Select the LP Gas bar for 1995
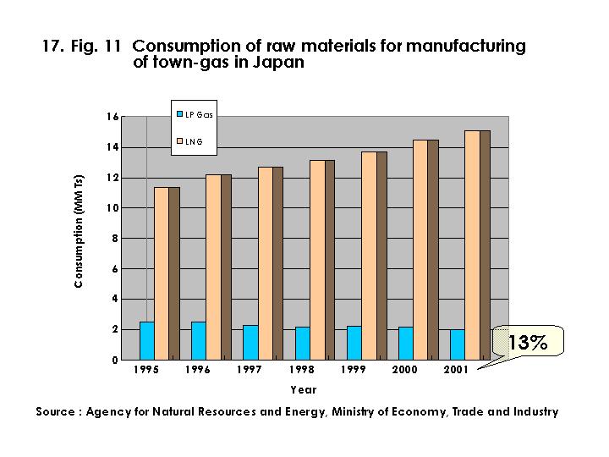(x=147, y=340)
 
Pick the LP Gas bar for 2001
(x=458, y=344)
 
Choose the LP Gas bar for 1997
(x=250, y=342)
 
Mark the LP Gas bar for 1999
(x=354, y=343)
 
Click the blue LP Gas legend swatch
(x=179, y=113)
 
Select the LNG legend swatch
(x=179, y=140)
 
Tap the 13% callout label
(x=528, y=342)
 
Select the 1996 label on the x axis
(x=199, y=371)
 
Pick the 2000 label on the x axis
(x=407, y=371)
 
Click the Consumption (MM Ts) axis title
(x=79, y=232)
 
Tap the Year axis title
(x=303, y=390)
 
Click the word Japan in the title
(x=279, y=62)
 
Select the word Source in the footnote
(x=58, y=412)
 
